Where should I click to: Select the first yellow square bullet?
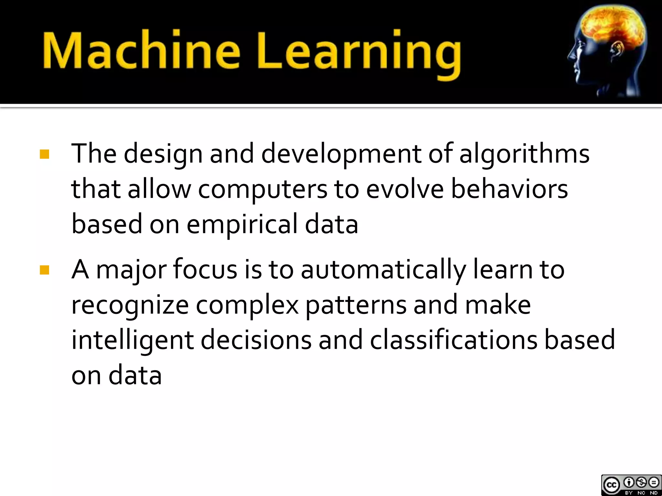click(44, 154)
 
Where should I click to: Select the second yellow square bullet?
click(44, 270)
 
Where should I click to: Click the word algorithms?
click(524, 154)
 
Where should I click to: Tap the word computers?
click(262, 190)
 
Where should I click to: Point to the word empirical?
click(242, 224)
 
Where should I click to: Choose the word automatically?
click(383, 270)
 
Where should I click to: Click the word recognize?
click(130, 305)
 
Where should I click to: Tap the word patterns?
click(356, 305)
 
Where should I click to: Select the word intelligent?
click(133, 340)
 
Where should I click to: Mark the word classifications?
click(454, 340)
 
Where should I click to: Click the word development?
click(341, 155)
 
